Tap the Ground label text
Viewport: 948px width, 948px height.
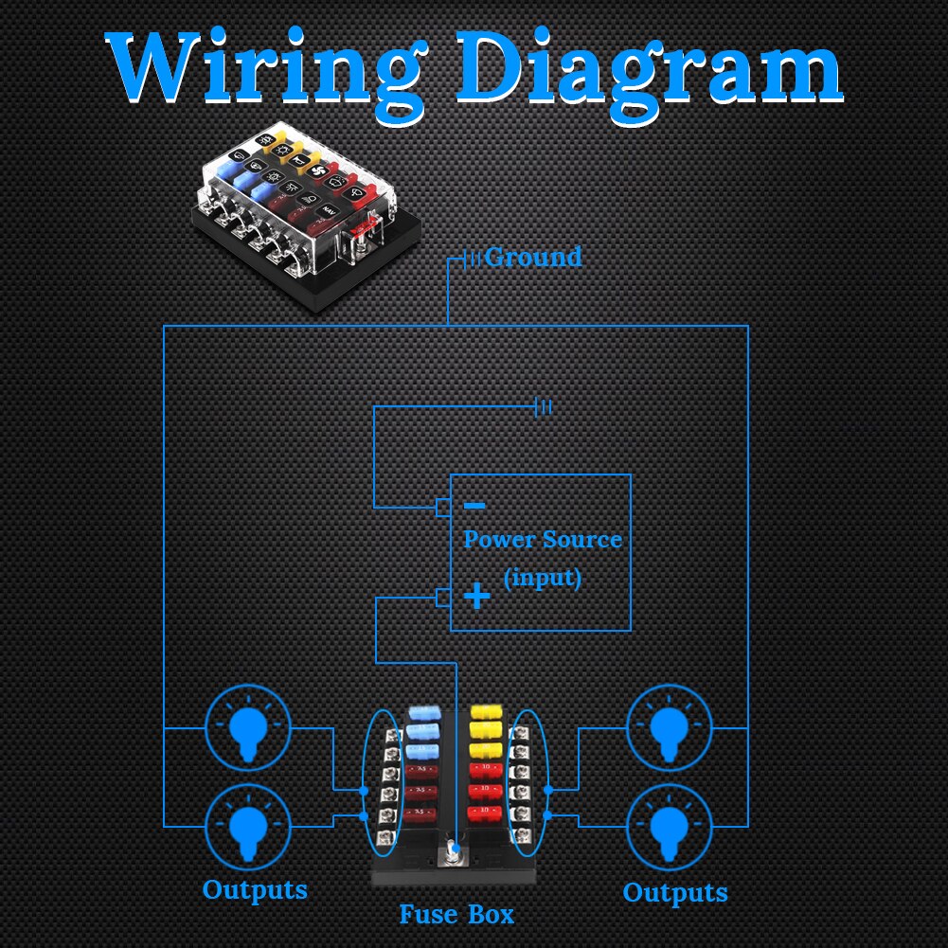[533, 257]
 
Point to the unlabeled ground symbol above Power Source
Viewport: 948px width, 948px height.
[544, 407]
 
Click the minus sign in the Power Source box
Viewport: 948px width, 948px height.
[475, 507]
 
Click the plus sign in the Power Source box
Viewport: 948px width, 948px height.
[478, 597]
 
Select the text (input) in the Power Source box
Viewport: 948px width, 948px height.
[543, 577]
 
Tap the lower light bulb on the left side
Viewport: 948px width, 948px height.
[248, 825]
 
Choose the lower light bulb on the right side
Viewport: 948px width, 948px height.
[670, 825]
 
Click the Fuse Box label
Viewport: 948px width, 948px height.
[456, 915]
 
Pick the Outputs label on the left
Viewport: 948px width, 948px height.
[255, 890]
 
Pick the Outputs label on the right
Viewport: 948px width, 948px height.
[675, 892]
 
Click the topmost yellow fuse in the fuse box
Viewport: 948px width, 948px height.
[485, 710]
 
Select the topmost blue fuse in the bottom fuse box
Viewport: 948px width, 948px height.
[424, 711]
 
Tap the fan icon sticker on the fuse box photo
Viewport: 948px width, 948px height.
[319, 174]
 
